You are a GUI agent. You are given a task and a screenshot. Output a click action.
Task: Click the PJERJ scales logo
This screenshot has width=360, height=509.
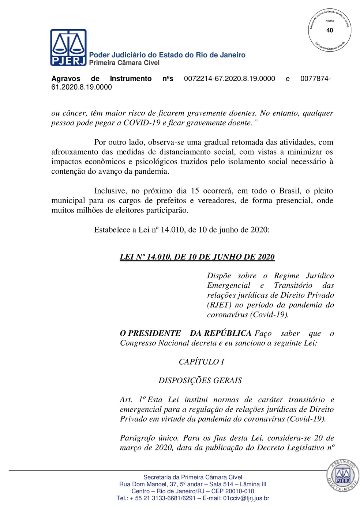pos(68,48)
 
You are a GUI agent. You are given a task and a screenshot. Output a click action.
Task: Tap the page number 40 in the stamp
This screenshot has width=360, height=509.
pos(330,30)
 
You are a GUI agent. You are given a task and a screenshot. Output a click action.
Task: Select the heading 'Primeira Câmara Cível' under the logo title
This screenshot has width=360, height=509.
pos(124,63)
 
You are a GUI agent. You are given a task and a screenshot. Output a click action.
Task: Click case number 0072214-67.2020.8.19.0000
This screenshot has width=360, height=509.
pos(229,79)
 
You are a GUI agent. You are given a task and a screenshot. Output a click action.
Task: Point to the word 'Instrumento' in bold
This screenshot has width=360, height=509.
pos(131,79)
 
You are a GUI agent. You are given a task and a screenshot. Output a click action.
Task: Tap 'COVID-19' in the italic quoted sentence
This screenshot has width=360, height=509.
pos(142,123)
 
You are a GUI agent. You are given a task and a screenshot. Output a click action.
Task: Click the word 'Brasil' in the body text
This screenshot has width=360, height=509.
pos(290,191)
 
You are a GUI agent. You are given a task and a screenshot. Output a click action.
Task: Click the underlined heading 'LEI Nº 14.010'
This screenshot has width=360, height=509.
pos(197,257)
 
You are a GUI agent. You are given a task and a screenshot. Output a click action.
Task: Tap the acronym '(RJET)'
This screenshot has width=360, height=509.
pos(219,305)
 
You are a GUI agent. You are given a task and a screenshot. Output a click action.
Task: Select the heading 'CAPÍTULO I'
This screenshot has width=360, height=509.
pos(201,362)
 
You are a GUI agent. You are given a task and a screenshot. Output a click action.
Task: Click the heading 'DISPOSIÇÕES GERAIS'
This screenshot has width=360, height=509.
pos(200,381)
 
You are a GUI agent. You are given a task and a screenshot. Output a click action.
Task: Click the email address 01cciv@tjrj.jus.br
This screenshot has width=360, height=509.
pos(246,498)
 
